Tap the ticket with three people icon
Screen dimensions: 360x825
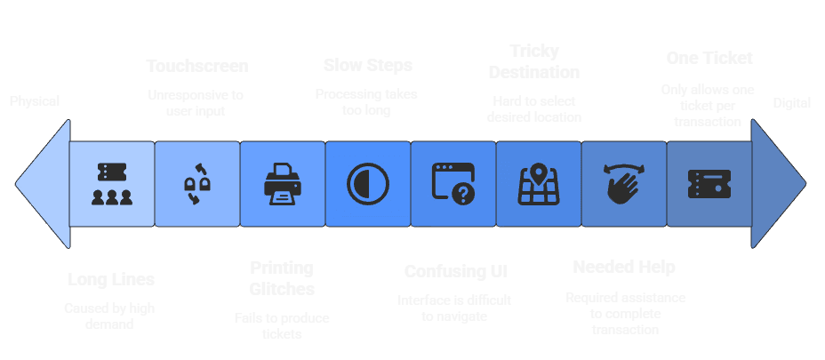(x=112, y=184)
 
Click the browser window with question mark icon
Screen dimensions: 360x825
(x=453, y=184)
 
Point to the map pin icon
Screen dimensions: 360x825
(x=538, y=184)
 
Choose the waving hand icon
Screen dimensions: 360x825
(x=623, y=184)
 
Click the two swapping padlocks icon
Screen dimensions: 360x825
(x=196, y=184)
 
